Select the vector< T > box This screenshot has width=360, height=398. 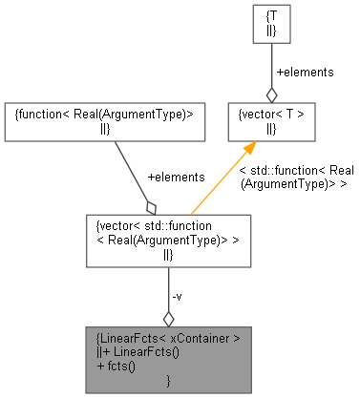pos(271,121)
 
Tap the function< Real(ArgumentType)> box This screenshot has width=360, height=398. pos(104,121)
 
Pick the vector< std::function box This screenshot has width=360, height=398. pos(169,239)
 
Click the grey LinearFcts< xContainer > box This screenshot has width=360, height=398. pos(169,358)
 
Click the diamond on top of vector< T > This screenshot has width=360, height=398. pos(271,94)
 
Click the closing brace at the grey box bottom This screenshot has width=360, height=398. pos(169,381)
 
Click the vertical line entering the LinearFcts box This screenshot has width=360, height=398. pos(169,286)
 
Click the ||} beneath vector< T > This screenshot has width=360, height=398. pos(271,129)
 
